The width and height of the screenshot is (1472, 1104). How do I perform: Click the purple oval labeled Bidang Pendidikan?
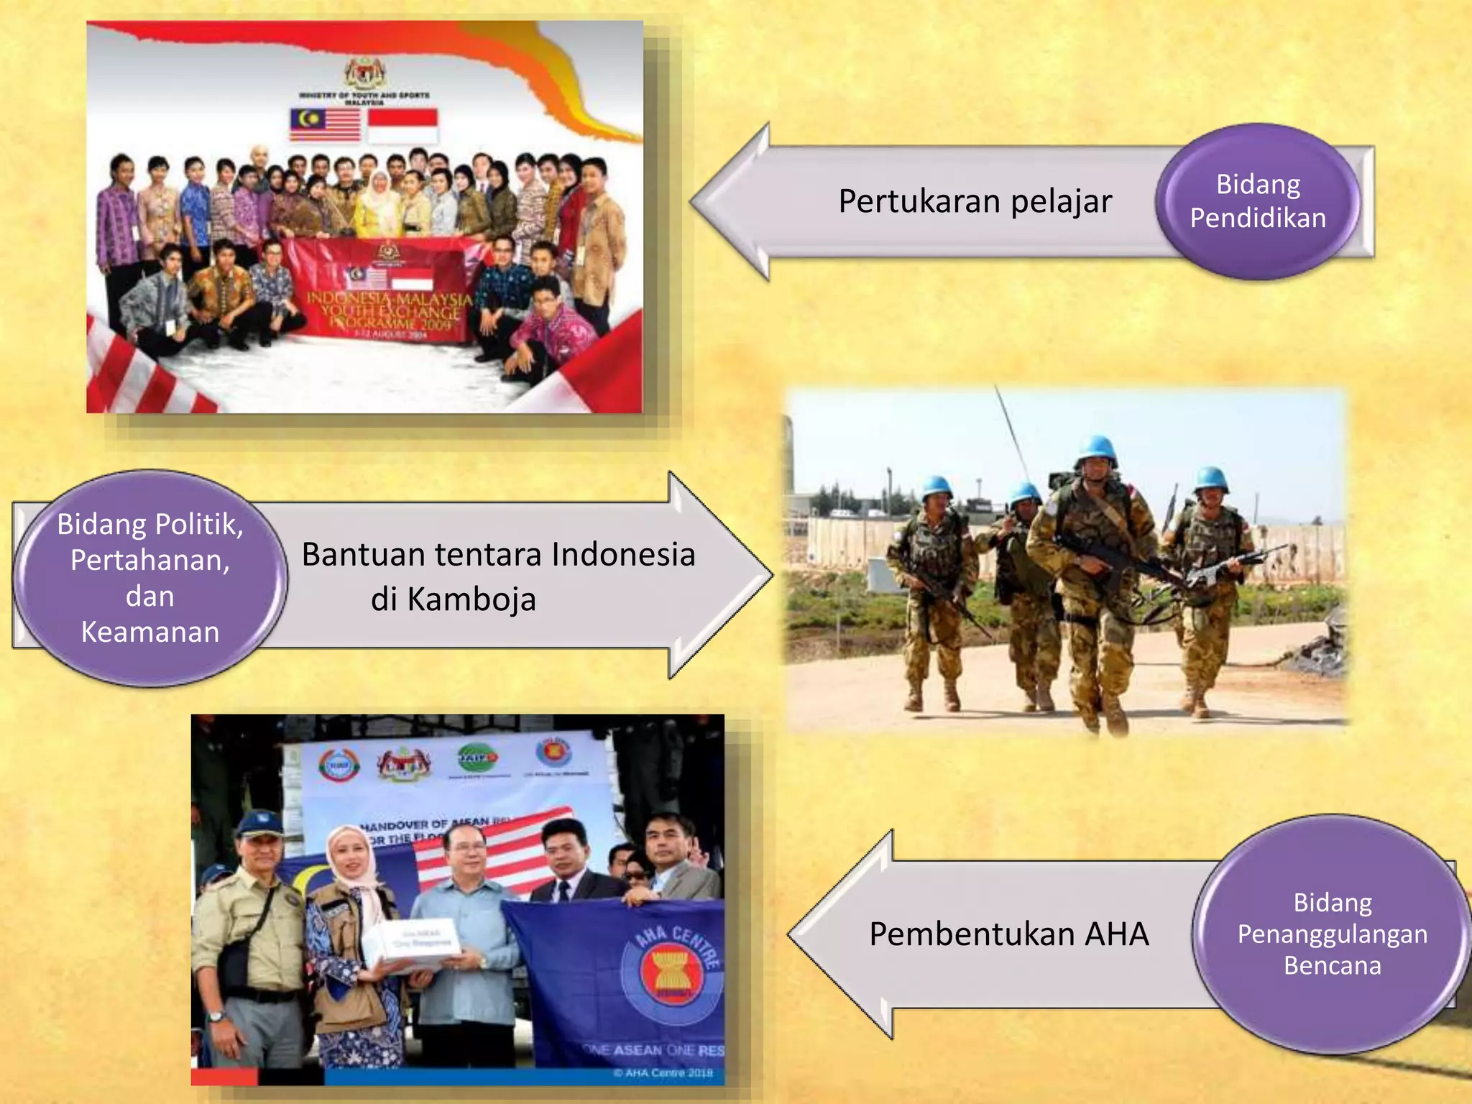(x=1258, y=201)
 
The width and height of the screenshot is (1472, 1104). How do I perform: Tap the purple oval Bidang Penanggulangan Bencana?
(x=1332, y=934)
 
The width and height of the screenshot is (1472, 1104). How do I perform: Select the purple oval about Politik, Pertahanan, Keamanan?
(x=149, y=577)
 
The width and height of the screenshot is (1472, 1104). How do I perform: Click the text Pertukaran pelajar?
(x=975, y=201)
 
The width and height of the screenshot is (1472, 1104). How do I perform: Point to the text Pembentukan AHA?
(x=1008, y=934)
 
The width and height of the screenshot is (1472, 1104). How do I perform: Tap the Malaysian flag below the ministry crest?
(x=325, y=125)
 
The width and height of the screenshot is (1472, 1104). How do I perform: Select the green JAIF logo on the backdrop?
(x=477, y=758)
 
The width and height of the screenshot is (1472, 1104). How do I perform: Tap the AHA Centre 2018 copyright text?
(x=663, y=1073)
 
